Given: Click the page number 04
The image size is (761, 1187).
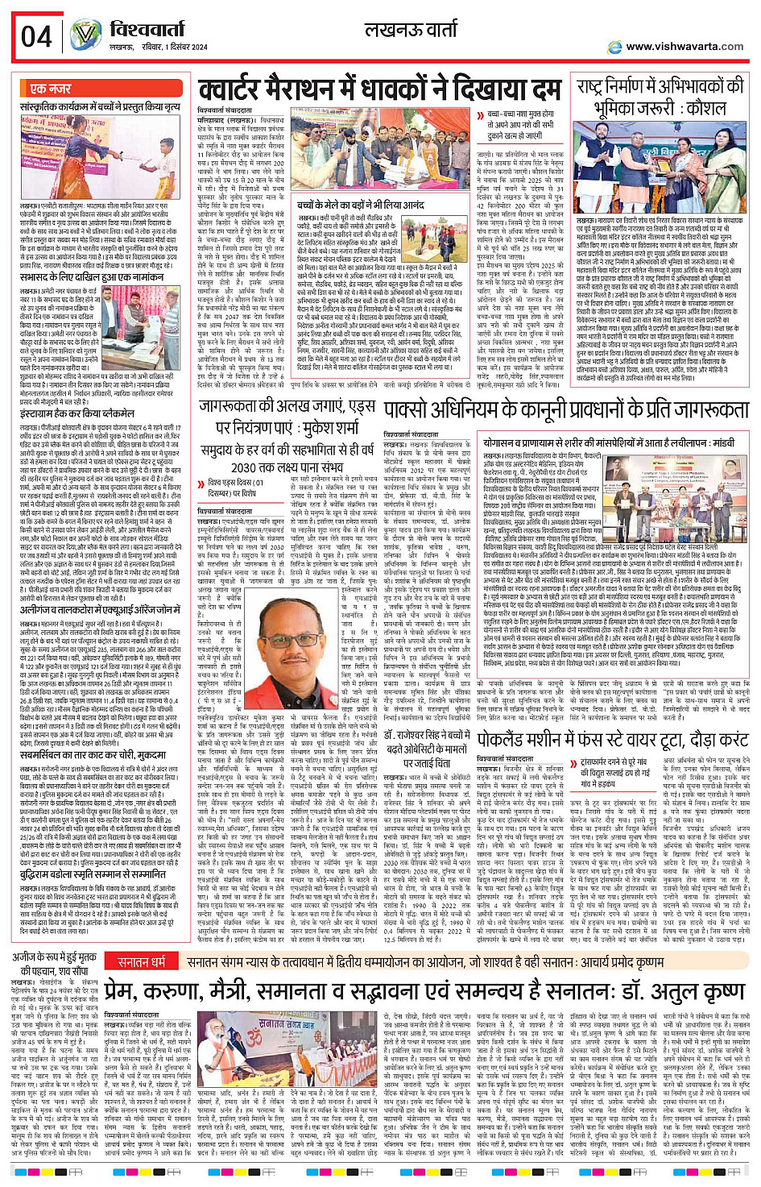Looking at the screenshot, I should coord(37,36).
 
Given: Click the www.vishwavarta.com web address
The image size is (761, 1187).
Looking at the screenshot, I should coord(684,46).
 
